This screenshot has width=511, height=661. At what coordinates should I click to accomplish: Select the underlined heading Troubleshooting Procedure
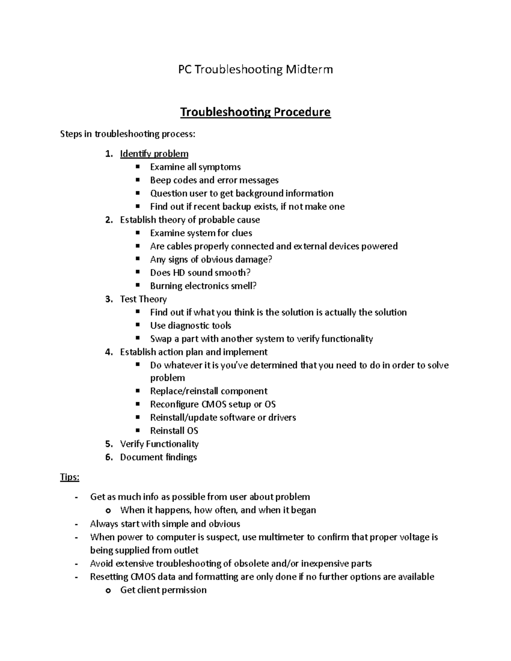pyautogui.click(x=255, y=112)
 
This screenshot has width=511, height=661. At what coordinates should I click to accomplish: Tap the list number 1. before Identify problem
pyautogui.click(x=109, y=154)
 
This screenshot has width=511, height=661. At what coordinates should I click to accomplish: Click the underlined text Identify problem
pyautogui.click(x=154, y=154)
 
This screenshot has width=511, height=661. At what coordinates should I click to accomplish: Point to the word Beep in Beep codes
pyautogui.click(x=160, y=180)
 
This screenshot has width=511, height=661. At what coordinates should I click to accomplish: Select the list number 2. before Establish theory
pyautogui.click(x=109, y=220)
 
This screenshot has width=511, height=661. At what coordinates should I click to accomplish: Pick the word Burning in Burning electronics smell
pyautogui.click(x=166, y=286)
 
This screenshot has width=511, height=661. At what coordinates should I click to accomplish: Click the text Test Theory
pyautogui.click(x=143, y=299)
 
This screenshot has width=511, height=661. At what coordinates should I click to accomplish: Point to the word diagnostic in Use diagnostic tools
pyautogui.click(x=186, y=326)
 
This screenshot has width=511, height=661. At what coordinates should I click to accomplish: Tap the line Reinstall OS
pyautogui.click(x=174, y=431)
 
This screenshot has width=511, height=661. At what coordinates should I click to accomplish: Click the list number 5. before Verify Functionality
pyautogui.click(x=109, y=444)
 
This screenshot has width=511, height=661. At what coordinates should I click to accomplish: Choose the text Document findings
pyautogui.click(x=158, y=457)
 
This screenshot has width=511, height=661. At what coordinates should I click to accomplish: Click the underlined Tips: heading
pyautogui.click(x=70, y=477)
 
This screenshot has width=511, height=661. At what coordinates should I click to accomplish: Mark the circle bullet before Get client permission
pyautogui.click(x=109, y=590)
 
